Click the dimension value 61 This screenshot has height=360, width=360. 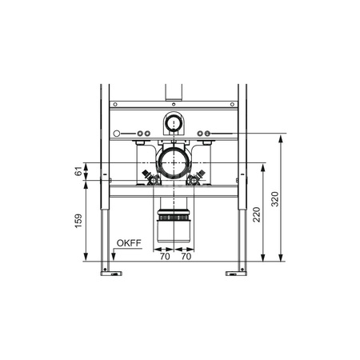tap(78, 171)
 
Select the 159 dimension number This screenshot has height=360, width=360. tap(78, 221)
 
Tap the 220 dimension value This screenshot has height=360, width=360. tap(257, 214)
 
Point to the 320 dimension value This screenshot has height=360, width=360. tap(275, 199)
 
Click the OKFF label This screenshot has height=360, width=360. tap(129, 243)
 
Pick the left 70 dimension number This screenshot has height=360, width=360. tap(165, 257)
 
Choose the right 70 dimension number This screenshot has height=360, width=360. tap(186, 257)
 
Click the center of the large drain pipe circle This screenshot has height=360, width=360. tap(174, 162)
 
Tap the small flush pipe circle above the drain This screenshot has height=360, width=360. tap(174, 123)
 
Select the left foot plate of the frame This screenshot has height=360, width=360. tap(111, 274)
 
